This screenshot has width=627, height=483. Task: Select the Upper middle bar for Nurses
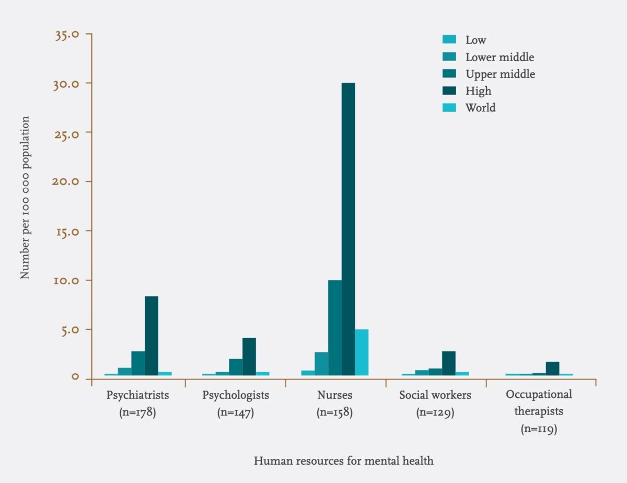(335, 328)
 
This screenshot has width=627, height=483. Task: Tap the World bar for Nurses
(362, 352)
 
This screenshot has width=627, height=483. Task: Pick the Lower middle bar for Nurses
(321, 364)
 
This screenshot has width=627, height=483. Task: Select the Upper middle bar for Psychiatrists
(138, 363)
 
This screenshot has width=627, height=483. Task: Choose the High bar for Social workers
(448, 363)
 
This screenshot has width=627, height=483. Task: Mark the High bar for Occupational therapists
(552, 369)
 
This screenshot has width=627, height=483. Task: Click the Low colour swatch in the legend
(449, 40)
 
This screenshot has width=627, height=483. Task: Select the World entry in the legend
(480, 108)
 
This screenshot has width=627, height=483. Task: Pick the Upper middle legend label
(500, 74)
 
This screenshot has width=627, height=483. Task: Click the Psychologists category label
(236, 395)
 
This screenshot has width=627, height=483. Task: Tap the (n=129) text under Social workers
(435, 412)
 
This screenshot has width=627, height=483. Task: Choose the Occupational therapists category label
(539, 402)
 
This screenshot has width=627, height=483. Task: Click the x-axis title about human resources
(344, 461)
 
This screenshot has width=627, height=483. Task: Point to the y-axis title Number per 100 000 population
(25, 198)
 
